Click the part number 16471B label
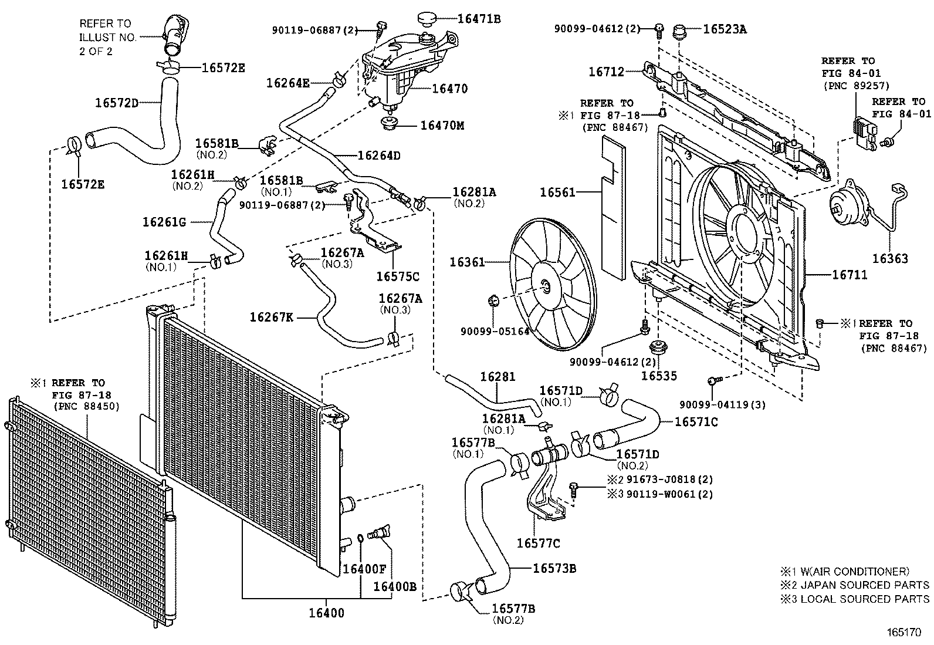[x=479, y=19]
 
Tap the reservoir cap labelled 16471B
[x=431, y=19]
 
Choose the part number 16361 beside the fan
[x=468, y=262]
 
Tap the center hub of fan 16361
[x=546, y=286]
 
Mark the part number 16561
[x=558, y=192]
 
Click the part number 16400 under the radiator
[x=327, y=613]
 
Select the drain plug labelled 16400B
[x=380, y=533]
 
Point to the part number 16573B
[x=554, y=568]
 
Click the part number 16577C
[x=538, y=543]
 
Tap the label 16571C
[x=696, y=421]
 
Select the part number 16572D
[x=117, y=103]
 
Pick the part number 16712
[x=607, y=72]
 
